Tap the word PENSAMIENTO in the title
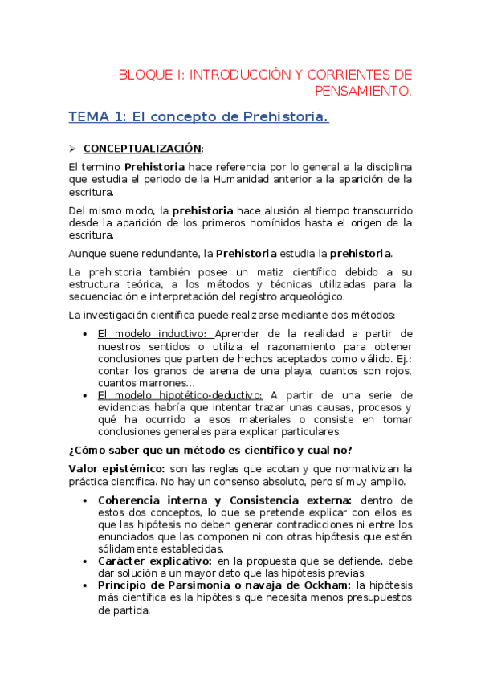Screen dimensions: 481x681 point(361,91)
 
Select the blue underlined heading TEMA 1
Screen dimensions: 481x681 point(198,117)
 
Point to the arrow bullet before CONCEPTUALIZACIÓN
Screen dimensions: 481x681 point(71,149)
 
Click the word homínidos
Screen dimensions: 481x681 point(288,222)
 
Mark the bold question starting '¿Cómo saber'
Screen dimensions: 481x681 point(210,449)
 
